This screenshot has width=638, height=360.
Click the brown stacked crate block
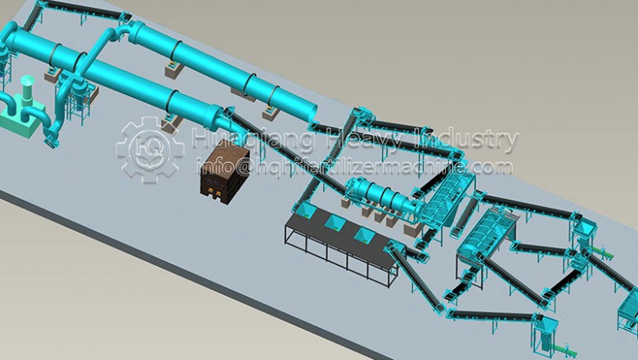tap(222, 169)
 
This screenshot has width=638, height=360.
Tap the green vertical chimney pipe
tap(25, 89)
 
